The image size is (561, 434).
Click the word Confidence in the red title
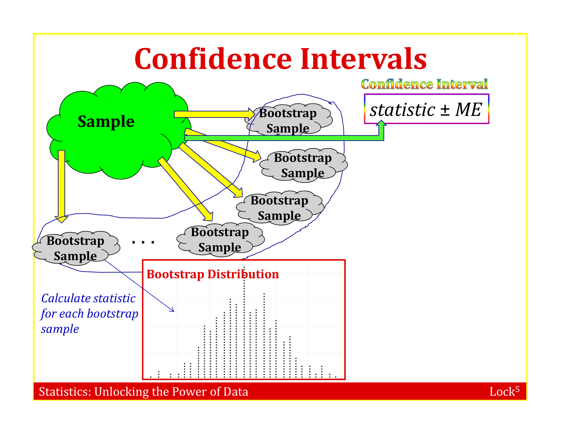coord(213,59)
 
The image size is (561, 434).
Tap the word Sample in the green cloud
coord(106,122)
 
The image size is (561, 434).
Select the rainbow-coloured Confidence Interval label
coord(424,84)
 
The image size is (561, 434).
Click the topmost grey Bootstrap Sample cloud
coord(288,120)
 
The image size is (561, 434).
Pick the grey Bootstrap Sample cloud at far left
coord(76,248)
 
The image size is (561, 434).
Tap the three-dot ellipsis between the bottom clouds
coord(143,242)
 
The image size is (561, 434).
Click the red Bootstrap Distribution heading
coord(213,274)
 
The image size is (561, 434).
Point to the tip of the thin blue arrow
coord(174,312)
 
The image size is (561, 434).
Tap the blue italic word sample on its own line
coord(60,329)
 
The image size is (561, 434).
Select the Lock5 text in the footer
coord(504,391)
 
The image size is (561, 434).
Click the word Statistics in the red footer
coord(65,392)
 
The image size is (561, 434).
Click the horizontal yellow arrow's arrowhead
coord(251,114)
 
